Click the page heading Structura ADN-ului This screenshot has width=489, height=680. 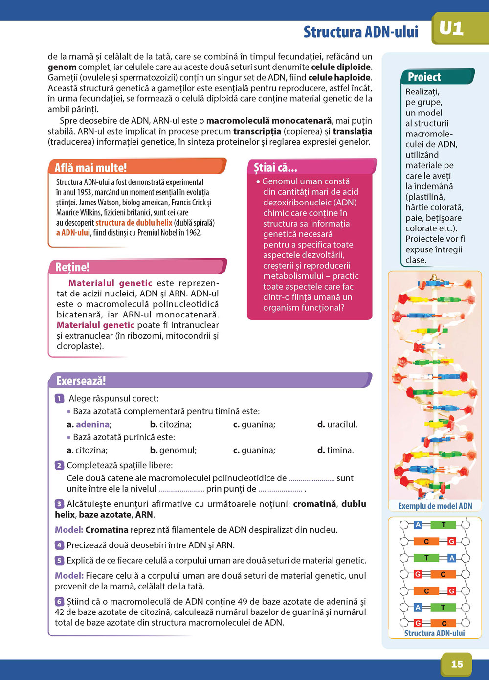coord(360,32)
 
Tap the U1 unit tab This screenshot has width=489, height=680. coord(451,28)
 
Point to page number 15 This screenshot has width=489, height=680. coord(457,664)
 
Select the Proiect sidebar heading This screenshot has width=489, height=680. coord(424,77)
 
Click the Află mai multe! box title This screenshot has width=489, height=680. coord(90,168)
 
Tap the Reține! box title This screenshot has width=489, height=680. coord(72,267)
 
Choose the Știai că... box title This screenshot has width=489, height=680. coord(275,167)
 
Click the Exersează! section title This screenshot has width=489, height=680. coord(81,381)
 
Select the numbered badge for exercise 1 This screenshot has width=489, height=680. coord(59,398)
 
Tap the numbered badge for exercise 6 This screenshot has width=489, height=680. coord(59,601)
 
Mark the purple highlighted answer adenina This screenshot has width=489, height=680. coord(92,424)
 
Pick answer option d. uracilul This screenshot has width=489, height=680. coord(337,424)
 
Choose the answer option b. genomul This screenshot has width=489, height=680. coord(173,450)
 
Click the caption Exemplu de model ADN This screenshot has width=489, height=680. coord(435,506)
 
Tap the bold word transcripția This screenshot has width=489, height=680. coord(257,131)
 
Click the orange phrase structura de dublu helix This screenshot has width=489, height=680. coord(133,223)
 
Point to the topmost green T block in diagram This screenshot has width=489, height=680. coord(443,525)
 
